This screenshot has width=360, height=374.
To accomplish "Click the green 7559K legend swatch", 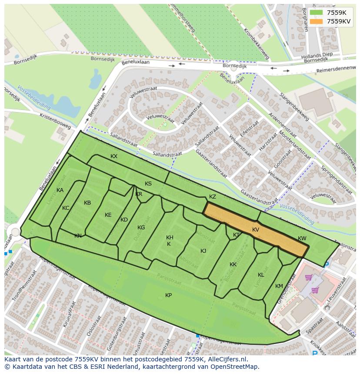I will (317, 13).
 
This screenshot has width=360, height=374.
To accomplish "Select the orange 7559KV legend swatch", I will (317, 21).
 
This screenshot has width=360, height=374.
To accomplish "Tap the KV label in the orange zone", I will (256, 230).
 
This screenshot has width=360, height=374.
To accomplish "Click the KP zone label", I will (168, 295).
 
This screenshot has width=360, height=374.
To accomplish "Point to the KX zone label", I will (114, 156).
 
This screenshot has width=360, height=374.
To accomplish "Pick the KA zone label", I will (60, 190).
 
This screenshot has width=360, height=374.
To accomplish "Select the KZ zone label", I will (213, 197).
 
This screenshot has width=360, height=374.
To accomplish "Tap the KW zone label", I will (302, 238).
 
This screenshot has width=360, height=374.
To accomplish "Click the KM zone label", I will (279, 286).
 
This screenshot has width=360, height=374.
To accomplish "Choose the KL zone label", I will (261, 275).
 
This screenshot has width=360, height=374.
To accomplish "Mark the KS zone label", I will (148, 184).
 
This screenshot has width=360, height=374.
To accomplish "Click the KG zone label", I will (141, 228).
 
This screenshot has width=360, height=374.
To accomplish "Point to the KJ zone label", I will (203, 251).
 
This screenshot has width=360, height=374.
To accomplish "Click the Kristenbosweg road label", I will (55, 122).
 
